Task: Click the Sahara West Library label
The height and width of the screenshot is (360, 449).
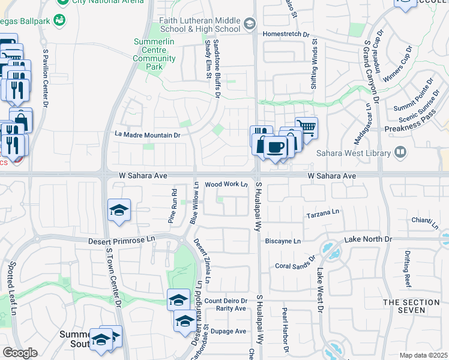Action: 359,154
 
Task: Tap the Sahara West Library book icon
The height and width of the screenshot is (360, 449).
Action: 399,152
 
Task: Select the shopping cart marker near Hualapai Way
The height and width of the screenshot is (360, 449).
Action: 306,127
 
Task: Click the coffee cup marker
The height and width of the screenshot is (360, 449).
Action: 276,147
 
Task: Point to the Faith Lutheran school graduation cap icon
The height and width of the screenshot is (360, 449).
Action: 250,24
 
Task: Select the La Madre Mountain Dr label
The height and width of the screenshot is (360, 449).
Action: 147,136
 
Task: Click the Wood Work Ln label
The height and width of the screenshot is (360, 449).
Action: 226,184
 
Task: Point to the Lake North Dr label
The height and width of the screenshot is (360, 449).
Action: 367,239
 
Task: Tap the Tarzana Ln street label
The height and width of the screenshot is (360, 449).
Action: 323,213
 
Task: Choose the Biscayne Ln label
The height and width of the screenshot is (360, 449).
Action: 283,241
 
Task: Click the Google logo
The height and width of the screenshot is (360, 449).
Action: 20,353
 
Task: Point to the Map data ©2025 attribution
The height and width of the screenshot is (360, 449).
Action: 423,355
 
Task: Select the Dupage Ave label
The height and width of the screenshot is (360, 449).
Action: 232,331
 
